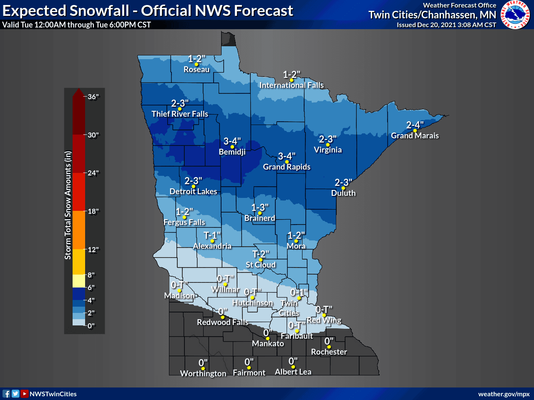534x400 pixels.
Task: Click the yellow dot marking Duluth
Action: (343, 188)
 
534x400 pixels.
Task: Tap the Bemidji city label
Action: (232, 152)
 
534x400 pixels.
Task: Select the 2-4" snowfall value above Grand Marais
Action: (415, 125)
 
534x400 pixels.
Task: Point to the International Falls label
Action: (291, 85)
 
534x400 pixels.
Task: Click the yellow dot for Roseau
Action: (196, 64)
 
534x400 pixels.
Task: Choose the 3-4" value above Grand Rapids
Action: (287, 156)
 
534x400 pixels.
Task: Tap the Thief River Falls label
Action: (180, 114)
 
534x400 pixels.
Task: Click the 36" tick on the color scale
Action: (93, 97)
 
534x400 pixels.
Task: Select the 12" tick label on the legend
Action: (93, 250)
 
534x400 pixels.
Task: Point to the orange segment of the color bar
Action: (78, 230)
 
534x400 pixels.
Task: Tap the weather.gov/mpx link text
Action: (504, 394)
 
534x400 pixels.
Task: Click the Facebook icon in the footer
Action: (6, 394)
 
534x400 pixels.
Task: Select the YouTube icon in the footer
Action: (25, 394)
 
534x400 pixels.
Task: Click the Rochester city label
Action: (329, 352)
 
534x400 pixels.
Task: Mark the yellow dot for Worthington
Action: (203, 368)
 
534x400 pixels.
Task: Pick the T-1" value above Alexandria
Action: (212, 235)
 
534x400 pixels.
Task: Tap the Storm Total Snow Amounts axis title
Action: (68, 205)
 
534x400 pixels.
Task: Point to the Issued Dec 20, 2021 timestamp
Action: (446, 25)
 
